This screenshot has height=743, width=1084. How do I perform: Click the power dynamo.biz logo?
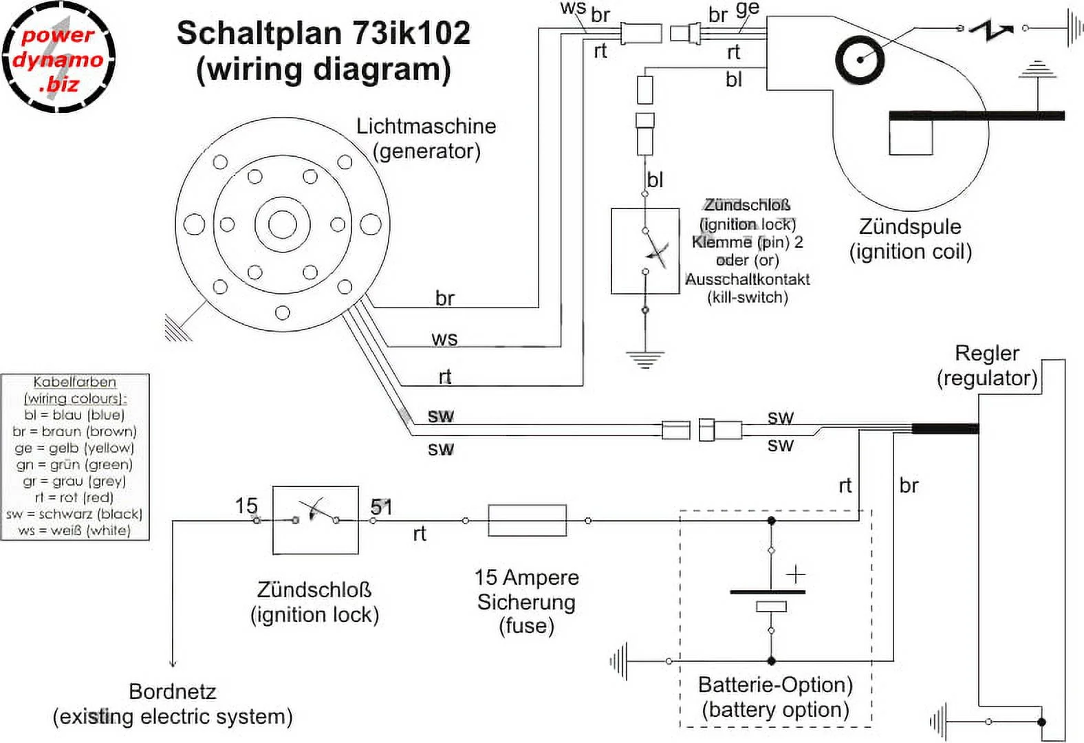tap(58, 58)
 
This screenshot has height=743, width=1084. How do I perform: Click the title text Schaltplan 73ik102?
tap(323, 33)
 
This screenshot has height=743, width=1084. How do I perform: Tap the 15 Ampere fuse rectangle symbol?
tap(527, 520)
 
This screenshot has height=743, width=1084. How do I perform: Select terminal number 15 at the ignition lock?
tap(246, 506)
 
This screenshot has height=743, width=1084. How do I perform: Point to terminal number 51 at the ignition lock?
tap(381, 507)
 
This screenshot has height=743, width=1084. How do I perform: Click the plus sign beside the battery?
tap(796, 574)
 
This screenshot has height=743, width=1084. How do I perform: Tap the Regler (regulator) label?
tap(987, 365)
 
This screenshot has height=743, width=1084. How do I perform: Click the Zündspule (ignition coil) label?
tap(910, 239)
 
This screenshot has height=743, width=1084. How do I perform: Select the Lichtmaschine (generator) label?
tap(426, 138)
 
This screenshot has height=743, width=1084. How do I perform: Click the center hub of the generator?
tap(282, 225)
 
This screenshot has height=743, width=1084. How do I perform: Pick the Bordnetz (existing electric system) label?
tap(173, 704)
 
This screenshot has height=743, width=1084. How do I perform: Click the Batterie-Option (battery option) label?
tap(775, 697)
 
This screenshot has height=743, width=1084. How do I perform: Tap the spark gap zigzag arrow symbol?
tap(990, 30)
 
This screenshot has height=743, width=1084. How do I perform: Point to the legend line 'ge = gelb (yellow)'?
tap(74, 448)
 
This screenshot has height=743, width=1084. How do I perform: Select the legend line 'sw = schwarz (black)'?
tap(74, 514)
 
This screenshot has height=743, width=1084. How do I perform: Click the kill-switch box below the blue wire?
tap(645, 251)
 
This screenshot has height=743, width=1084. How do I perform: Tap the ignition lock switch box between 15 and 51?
tap(315, 520)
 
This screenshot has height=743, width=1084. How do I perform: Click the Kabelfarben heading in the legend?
tap(74, 383)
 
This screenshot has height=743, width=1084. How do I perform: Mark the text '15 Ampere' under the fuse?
tap(526, 577)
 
